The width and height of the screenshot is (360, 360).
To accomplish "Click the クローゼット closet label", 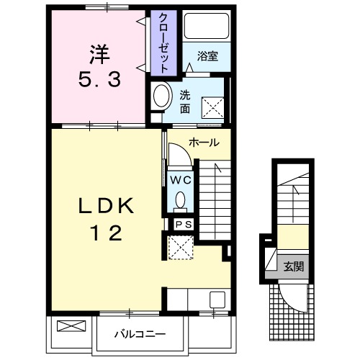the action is click(163, 43).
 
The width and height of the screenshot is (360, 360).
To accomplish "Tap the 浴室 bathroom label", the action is click(207, 56).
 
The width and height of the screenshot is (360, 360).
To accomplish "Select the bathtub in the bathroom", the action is click(207, 26).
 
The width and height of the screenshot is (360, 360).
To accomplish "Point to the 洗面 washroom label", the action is click(185, 102).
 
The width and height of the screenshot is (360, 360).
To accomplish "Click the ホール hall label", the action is click(204, 143).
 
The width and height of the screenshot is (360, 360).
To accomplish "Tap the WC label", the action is click(181, 180).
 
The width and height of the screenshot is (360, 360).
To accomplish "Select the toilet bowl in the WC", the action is click(180, 200).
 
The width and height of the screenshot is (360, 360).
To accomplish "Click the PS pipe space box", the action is click(184, 225).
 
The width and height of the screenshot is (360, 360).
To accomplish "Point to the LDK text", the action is click(106, 206).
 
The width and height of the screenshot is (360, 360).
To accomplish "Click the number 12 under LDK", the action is click(106, 233).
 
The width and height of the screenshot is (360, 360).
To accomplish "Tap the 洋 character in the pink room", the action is click(99, 55).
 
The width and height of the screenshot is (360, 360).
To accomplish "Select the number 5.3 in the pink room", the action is click(99, 80).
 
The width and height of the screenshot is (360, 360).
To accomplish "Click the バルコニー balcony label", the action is click(140, 334).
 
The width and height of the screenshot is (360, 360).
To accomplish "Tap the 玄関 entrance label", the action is click(294, 266).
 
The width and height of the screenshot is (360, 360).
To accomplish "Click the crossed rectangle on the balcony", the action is click(71, 326).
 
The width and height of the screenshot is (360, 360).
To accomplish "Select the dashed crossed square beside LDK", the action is click(181, 248).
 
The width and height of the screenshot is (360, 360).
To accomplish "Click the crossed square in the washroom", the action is click(212, 108).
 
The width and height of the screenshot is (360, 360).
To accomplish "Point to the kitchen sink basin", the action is click(217, 300).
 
